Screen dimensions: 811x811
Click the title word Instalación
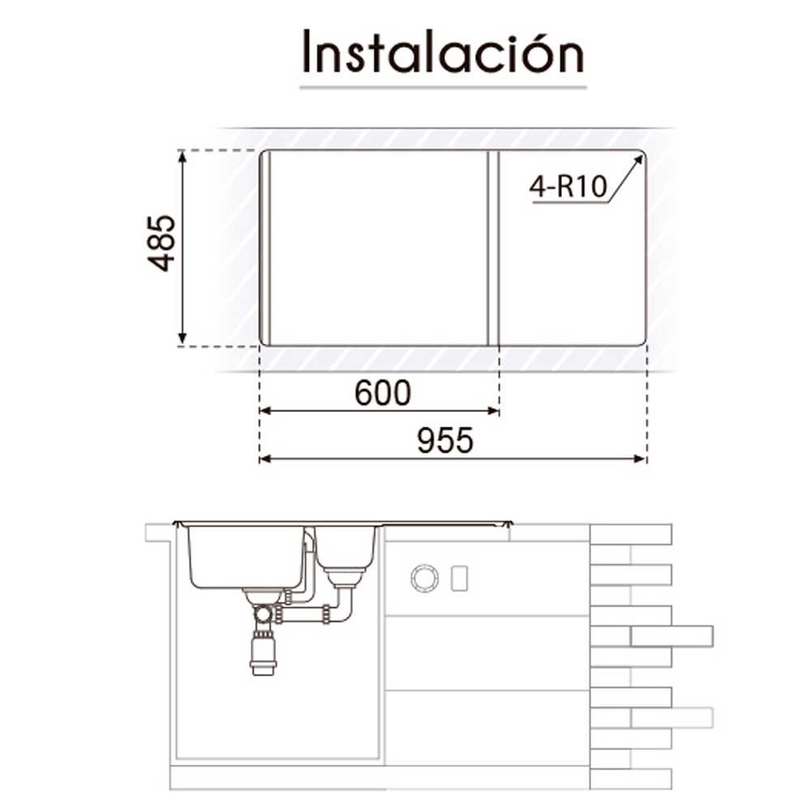[x=444, y=52]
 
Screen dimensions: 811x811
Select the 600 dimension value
[x=383, y=393]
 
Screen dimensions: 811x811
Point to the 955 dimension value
[x=444, y=441]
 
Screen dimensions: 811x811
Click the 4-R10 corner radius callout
[x=568, y=187]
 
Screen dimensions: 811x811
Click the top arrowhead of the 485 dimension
[x=182, y=157]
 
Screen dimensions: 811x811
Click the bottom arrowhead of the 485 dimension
[x=182, y=339]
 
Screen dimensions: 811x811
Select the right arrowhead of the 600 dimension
[x=493, y=411]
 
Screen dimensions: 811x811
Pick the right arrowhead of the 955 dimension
[x=640, y=459]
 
